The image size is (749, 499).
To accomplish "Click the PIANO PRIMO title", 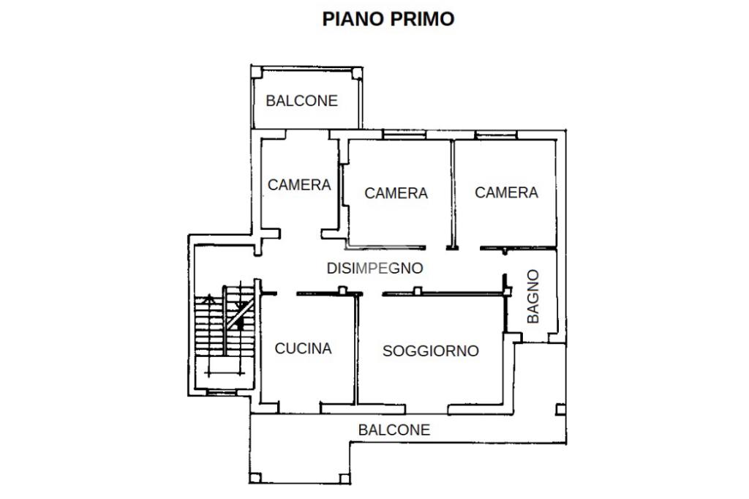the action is point(388,19).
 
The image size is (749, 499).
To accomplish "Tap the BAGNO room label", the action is point(532,296).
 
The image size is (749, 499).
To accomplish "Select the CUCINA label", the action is point(303,348).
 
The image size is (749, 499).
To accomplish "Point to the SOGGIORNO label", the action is point(430,350).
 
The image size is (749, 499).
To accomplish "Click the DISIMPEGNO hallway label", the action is point(374,268).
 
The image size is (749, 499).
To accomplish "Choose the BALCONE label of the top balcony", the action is point(301,101).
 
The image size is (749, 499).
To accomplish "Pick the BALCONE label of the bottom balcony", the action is point(394,429).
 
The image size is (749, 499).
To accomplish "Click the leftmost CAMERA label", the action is point(299,184).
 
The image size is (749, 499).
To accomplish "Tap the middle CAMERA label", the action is point(396,193).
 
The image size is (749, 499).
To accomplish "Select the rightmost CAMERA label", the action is point(506,192).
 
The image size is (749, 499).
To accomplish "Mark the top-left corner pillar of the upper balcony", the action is point(257,72).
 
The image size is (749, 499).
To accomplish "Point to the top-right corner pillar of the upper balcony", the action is point(357,73).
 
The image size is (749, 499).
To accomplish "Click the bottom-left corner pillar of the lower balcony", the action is point(255,478).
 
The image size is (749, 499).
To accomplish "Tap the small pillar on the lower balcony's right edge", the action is point(561,410).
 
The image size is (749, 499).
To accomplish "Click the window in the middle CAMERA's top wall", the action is point(404,135).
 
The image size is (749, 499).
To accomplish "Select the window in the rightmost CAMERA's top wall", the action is point(496,135).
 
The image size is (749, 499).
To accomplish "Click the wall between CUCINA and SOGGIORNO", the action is point(356,349).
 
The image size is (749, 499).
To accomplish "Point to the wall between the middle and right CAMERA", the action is point(452,195).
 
